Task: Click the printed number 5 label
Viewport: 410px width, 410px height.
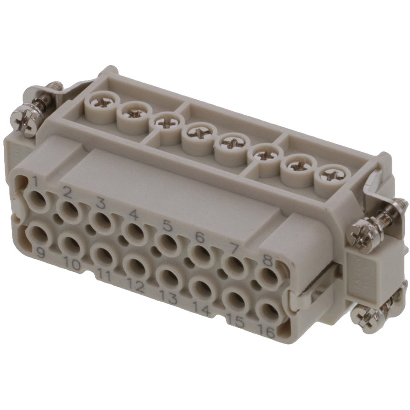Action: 167,226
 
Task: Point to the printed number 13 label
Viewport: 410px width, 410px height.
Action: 168,297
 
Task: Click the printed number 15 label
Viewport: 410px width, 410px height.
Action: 234,322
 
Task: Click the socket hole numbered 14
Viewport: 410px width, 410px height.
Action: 201,289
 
